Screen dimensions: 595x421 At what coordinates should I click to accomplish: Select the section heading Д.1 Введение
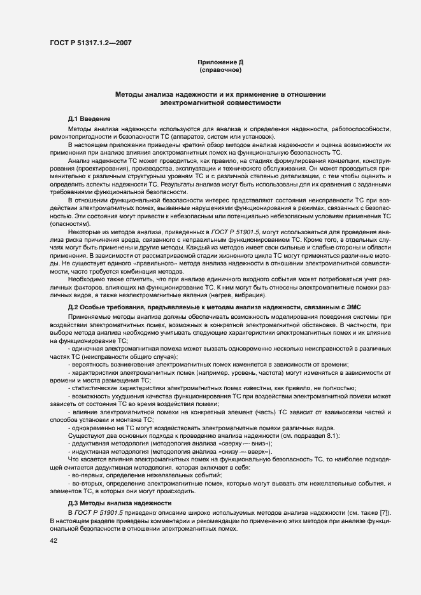(89, 119)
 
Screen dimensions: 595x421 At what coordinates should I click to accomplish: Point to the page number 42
(54, 541)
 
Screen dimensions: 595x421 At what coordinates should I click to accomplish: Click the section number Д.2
(74, 307)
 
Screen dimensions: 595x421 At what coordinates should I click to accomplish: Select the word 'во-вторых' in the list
(89, 483)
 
